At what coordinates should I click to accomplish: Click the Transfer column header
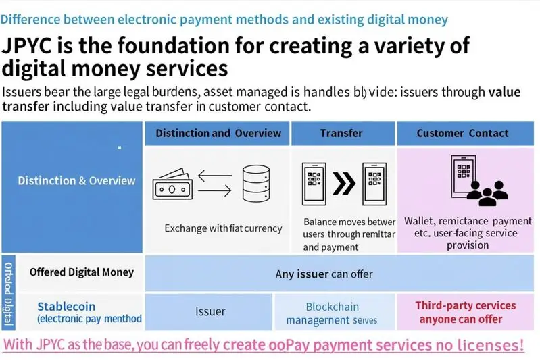pos(341,133)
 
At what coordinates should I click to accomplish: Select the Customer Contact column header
pos(462,133)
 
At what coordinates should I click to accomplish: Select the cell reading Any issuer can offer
pos(324,274)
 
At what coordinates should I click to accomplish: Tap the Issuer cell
pos(210,311)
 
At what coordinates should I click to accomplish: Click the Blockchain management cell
pos(332,313)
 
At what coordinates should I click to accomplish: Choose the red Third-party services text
pos(465,305)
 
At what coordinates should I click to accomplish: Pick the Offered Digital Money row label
pos(81,272)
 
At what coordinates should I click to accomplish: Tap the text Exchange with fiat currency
pos(223,228)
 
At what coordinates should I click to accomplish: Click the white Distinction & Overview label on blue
pos(76,180)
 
